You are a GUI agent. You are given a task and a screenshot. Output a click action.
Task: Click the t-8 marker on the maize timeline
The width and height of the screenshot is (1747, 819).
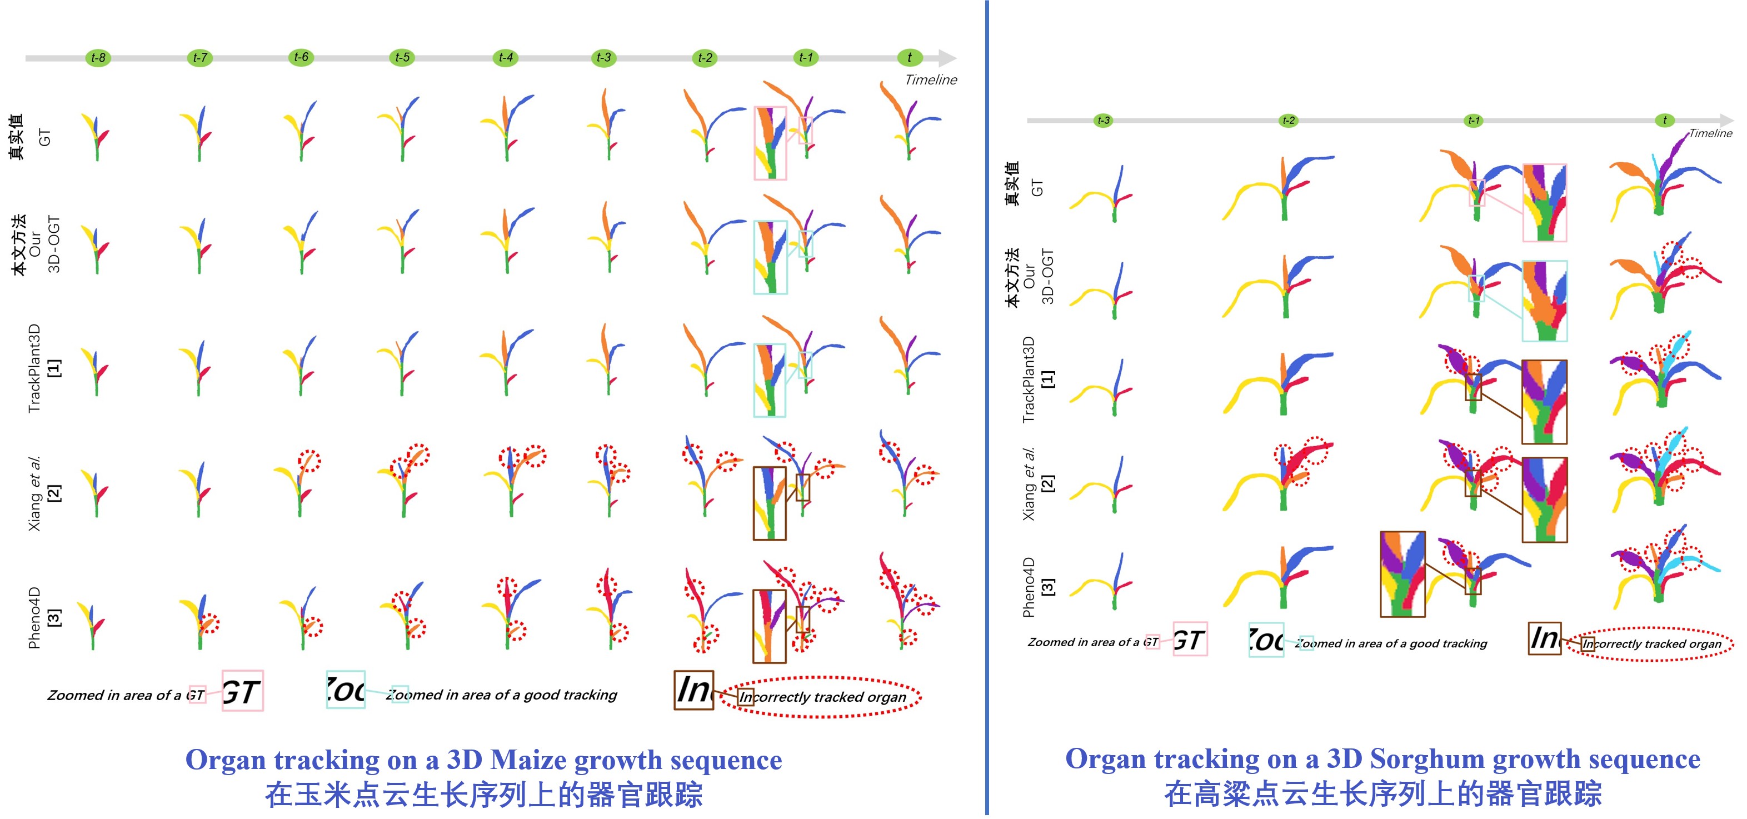click(98, 58)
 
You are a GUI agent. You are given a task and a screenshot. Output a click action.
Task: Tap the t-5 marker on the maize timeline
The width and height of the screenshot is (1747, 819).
click(403, 58)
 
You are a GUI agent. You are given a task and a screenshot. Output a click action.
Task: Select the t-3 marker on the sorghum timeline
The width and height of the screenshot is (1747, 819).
click(1104, 121)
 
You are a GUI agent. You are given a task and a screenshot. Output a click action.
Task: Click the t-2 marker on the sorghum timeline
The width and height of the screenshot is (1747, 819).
click(1288, 121)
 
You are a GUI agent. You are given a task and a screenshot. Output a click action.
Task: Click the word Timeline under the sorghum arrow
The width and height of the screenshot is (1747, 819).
click(1710, 133)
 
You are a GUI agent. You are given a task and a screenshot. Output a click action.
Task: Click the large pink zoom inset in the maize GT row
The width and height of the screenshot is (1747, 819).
click(770, 143)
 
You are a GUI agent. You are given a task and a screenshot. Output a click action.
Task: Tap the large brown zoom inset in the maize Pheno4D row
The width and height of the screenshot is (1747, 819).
click(769, 626)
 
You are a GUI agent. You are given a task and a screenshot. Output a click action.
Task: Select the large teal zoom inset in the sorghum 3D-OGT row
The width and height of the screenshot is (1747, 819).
click(1544, 301)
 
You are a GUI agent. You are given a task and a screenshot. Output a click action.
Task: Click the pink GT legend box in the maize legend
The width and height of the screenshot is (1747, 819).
click(242, 691)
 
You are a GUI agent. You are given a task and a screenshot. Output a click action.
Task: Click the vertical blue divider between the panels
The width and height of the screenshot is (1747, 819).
click(987, 407)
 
